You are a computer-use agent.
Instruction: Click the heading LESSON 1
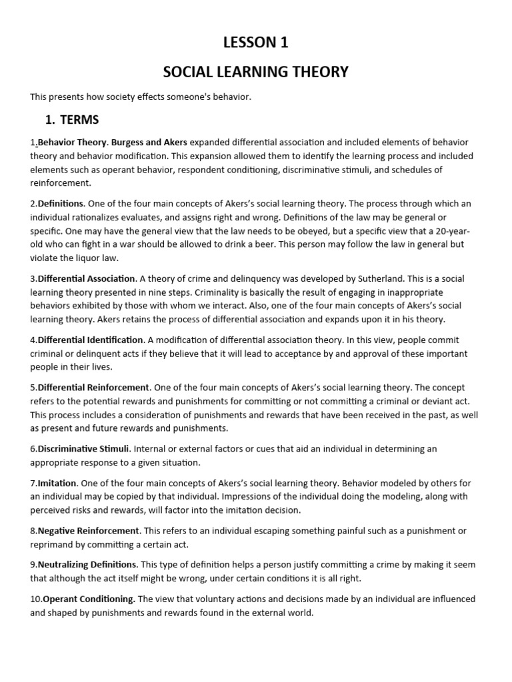tap(256, 43)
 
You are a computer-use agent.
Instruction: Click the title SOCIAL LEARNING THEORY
tap(256, 71)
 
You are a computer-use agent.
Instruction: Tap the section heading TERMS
tap(79, 120)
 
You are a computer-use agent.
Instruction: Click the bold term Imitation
tap(57, 483)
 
